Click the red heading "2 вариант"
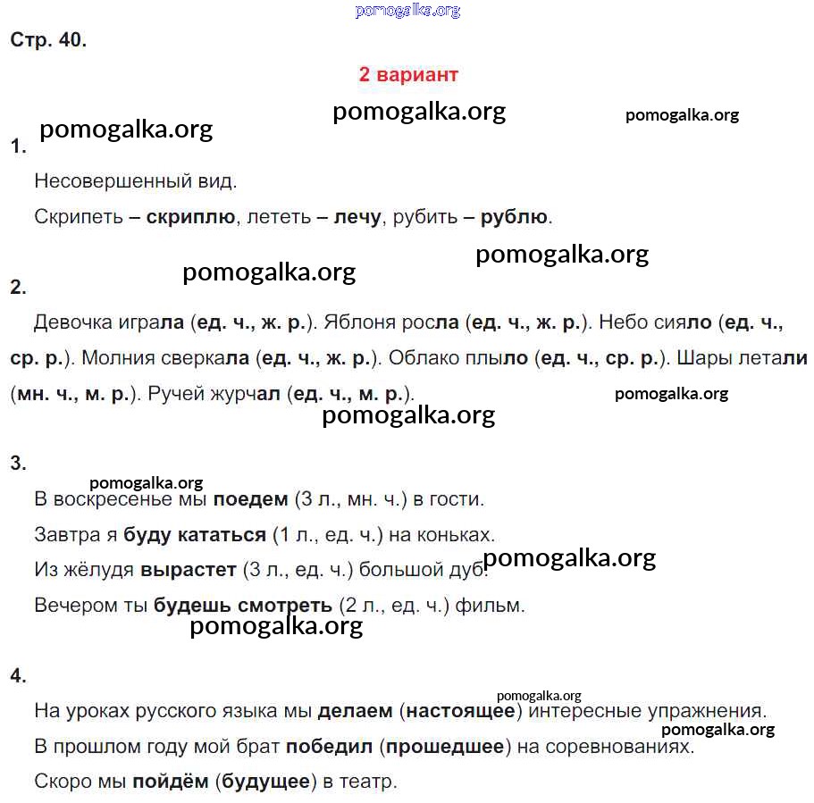pyautogui.click(x=408, y=74)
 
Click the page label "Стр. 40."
pyautogui.click(x=48, y=40)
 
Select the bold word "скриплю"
pyautogui.click(x=190, y=216)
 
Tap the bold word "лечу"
pyautogui.click(x=357, y=216)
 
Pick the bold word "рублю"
pyautogui.click(x=514, y=216)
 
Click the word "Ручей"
pyautogui.click(x=175, y=393)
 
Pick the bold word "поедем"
pyautogui.click(x=250, y=499)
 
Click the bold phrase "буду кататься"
pyautogui.click(x=195, y=535)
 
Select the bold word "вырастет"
pyautogui.click(x=189, y=570)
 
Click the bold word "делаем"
pyautogui.click(x=355, y=711)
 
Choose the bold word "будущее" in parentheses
pyautogui.click(x=266, y=782)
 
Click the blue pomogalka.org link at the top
pyautogui.click(x=407, y=11)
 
